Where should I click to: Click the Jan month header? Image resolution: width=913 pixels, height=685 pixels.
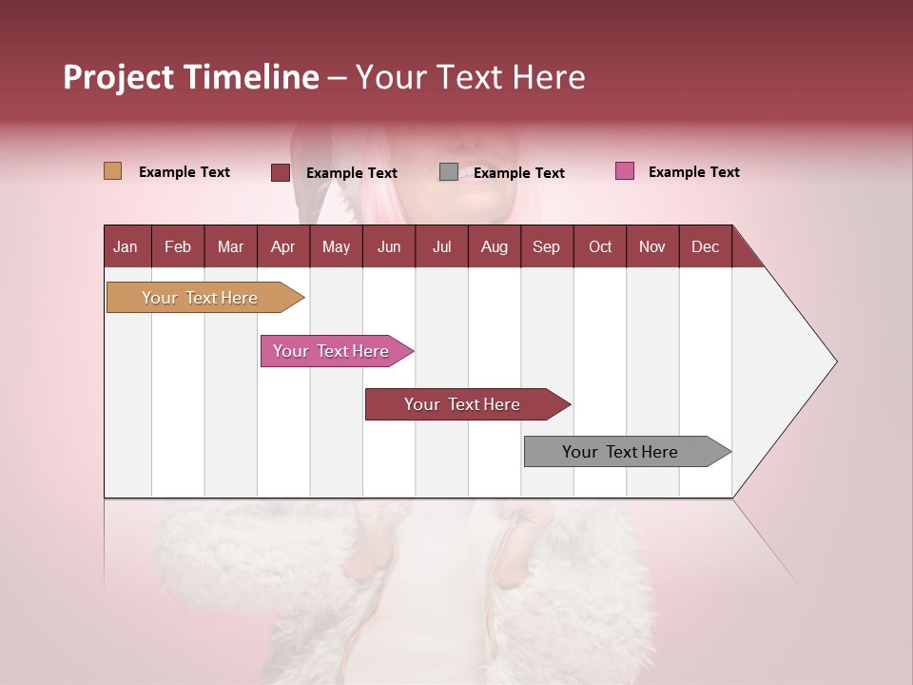click(x=126, y=246)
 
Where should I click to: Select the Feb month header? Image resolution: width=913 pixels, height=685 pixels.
click(x=178, y=246)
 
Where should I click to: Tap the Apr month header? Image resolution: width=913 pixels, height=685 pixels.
click(x=283, y=246)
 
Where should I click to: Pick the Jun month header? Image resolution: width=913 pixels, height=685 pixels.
click(x=389, y=246)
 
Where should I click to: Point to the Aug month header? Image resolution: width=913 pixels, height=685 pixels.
click(x=495, y=246)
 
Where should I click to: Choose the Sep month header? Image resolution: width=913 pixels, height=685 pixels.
click(x=547, y=246)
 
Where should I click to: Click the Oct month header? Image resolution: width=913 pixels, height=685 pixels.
click(x=600, y=246)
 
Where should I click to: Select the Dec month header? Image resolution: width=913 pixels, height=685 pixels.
click(x=706, y=246)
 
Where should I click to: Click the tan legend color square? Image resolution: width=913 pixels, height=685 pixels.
click(x=112, y=171)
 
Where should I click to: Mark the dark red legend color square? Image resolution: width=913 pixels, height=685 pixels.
click(x=281, y=172)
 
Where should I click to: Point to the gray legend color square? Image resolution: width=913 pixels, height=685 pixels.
click(x=449, y=172)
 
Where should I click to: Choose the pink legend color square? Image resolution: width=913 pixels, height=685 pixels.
click(x=625, y=171)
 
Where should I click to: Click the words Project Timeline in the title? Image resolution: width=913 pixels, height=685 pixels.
click(x=191, y=77)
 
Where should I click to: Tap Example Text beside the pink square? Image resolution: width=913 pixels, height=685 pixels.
click(x=693, y=172)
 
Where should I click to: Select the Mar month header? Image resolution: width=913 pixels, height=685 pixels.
click(x=230, y=246)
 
